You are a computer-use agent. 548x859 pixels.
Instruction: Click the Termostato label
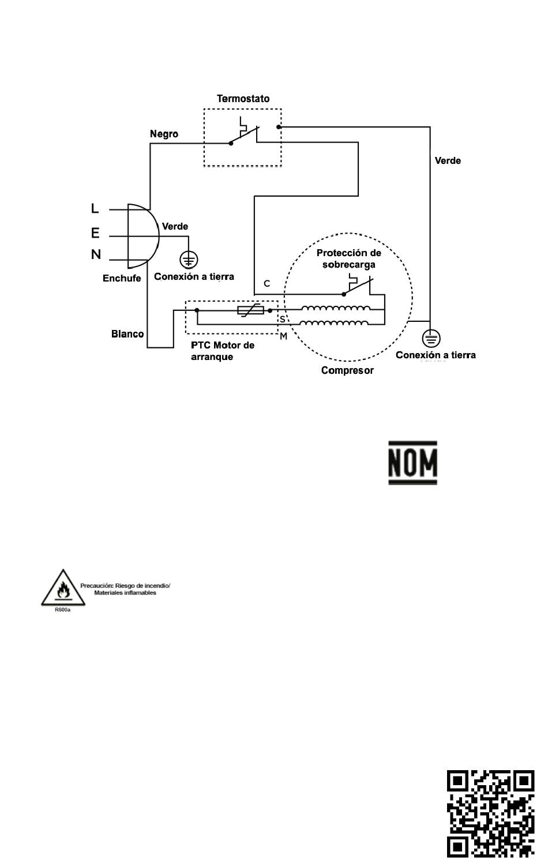tap(243, 99)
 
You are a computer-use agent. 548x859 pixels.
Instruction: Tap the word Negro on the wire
tap(164, 134)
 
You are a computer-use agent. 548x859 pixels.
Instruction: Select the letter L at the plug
tap(95, 208)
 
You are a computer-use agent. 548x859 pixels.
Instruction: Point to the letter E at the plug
tap(95, 232)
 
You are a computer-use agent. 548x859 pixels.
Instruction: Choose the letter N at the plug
tap(96, 254)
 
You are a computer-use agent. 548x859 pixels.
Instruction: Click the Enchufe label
tap(122, 278)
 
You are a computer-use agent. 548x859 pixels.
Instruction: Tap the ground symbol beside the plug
tap(189, 260)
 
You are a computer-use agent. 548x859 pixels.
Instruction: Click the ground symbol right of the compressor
tap(431, 339)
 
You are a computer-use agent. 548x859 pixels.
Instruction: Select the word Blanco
tap(127, 333)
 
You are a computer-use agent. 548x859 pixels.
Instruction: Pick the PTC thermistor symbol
tap(250, 310)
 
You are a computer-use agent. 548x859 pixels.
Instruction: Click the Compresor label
tap(347, 370)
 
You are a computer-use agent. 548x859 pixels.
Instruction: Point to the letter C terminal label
tap(267, 283)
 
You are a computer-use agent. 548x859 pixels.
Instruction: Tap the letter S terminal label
tap(283, 319)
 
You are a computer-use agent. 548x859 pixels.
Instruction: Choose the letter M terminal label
tap(283, 336)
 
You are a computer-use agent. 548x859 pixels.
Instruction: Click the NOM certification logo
tap(412, 463)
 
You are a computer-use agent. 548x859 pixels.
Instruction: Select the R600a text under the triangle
tap(62, 610)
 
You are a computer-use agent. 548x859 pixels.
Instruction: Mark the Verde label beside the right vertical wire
tap(448, 160)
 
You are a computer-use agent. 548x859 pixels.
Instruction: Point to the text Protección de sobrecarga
tap(348, 258)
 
